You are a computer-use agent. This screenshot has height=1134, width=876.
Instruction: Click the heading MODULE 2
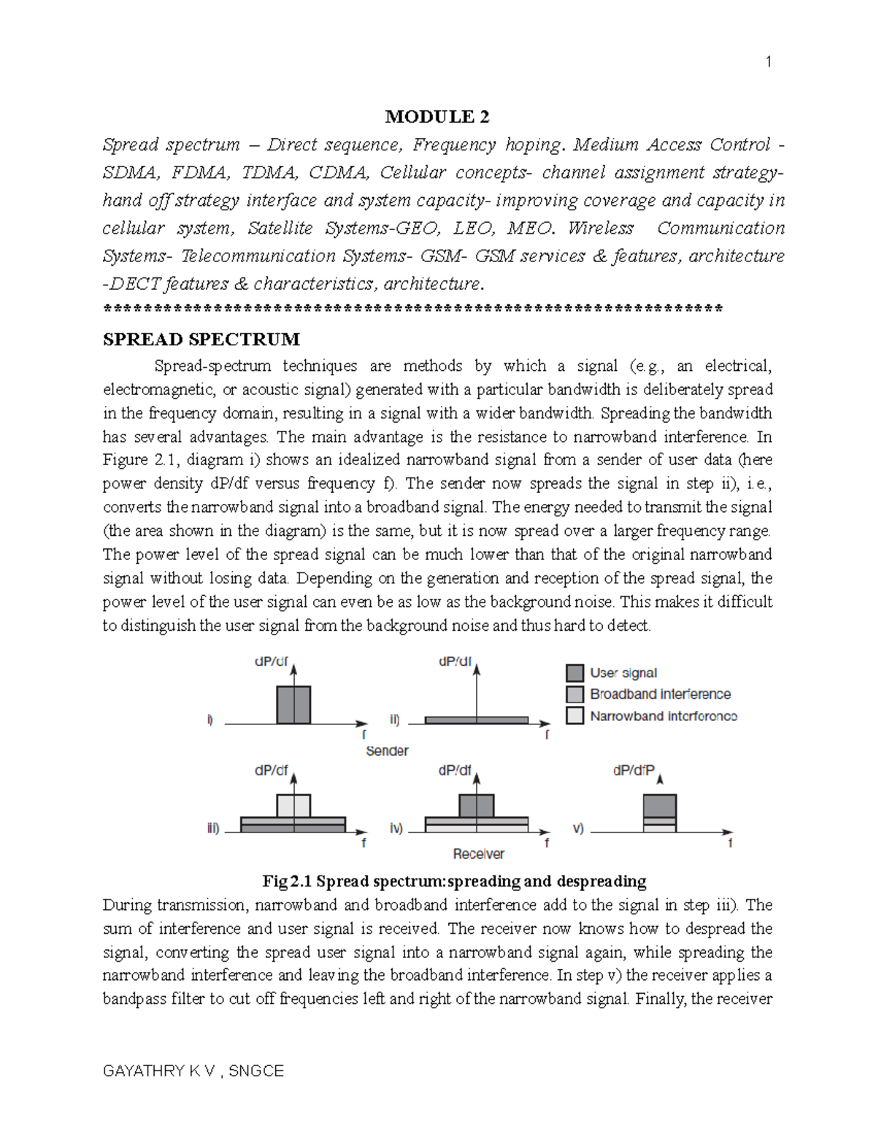pyautogui.click(x=437, y=117)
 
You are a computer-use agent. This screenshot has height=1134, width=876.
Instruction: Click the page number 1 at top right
pyautogui.click(x=768, y=62)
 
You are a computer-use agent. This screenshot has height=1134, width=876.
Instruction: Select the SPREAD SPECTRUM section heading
pyautogui.click(x=201, y=340)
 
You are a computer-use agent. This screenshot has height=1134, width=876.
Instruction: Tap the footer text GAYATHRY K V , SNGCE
pyautogui.click(x=193, y=1071)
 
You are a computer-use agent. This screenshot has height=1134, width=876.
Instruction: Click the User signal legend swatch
pyautogui.click(x=575, y=673)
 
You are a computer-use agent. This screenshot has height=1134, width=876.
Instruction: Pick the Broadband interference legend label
pyautogui.click(x=660, y=694)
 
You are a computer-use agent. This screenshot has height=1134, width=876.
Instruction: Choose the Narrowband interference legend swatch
pyautogui.click(x=575, y=716)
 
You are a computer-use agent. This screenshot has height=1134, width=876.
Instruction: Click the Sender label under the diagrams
pyautogui.click(x=387, y=751)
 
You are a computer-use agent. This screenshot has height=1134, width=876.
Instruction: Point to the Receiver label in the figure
pyautogui.click(x=478, y=854)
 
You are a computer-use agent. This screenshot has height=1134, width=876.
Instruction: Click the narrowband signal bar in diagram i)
pyautogui.click(x=293, y=705)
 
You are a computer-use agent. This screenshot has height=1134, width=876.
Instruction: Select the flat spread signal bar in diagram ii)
pyautogui.click(x=476, y=720)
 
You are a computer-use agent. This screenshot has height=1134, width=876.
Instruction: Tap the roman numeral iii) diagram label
pyautogui.click(x=212, y=829)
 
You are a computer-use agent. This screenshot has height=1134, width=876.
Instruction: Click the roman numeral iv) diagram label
pyautogui.click(x=396, y=829)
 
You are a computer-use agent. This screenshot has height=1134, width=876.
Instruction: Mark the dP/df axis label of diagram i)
pyautogui.click(x=271, y=662)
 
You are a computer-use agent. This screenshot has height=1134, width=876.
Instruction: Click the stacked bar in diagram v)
pyautogui.click(x=660, y=813)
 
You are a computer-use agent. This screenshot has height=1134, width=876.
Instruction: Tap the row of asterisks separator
pyautogui.click(x=413, y=309)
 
